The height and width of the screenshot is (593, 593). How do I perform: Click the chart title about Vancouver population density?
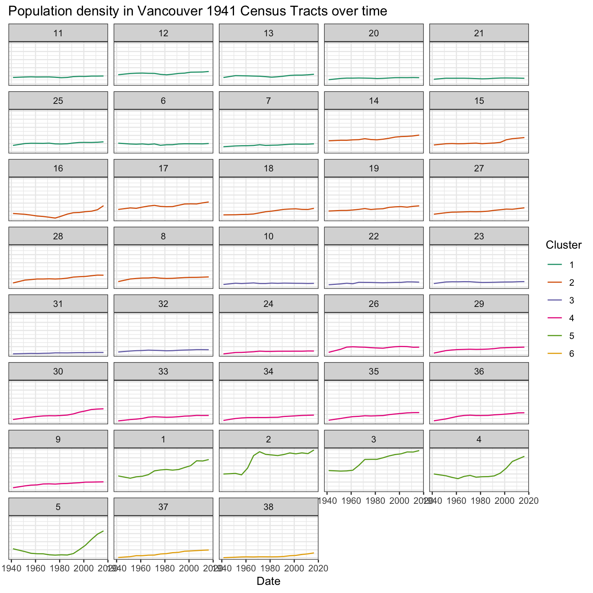coord(197,11)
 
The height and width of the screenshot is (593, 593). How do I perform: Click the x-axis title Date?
coord(268,581)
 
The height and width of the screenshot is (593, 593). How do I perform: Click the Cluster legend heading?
coord(564,244)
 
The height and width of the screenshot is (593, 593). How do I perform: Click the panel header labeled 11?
coord(58,33)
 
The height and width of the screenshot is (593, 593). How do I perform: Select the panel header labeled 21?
coord(479,33)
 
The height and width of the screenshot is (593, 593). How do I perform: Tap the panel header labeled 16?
coord(58,168)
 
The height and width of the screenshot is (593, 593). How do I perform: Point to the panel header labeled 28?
coord(58,236)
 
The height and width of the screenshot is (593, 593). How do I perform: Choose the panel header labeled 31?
coord(58,304)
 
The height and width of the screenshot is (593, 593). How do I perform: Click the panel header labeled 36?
coord(479,371)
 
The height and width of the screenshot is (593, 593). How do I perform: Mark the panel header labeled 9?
coord(58,439)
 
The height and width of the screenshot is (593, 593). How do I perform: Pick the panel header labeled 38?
coord(268,507)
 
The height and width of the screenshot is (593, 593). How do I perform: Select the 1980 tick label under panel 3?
coord(375,500)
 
